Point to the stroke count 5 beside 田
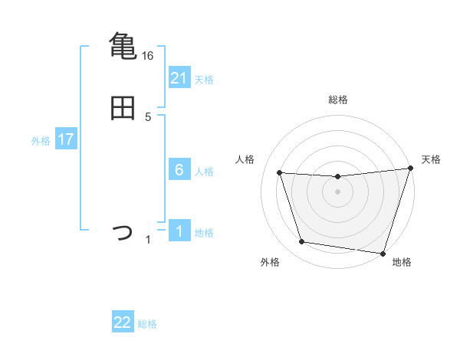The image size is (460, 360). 149,117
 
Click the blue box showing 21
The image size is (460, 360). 179,78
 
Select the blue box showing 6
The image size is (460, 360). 179,170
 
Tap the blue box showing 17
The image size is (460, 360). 66,140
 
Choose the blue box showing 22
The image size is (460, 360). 123,322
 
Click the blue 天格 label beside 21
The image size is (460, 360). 204,80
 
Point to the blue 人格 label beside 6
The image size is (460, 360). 204,172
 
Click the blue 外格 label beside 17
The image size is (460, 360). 41,141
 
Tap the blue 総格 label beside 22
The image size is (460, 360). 147,324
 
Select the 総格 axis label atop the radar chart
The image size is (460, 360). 337,100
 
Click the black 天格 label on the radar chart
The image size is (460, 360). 432,159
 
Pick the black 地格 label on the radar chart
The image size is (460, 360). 402,262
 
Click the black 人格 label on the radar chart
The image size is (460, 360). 245,159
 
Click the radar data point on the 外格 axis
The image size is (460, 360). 302,242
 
